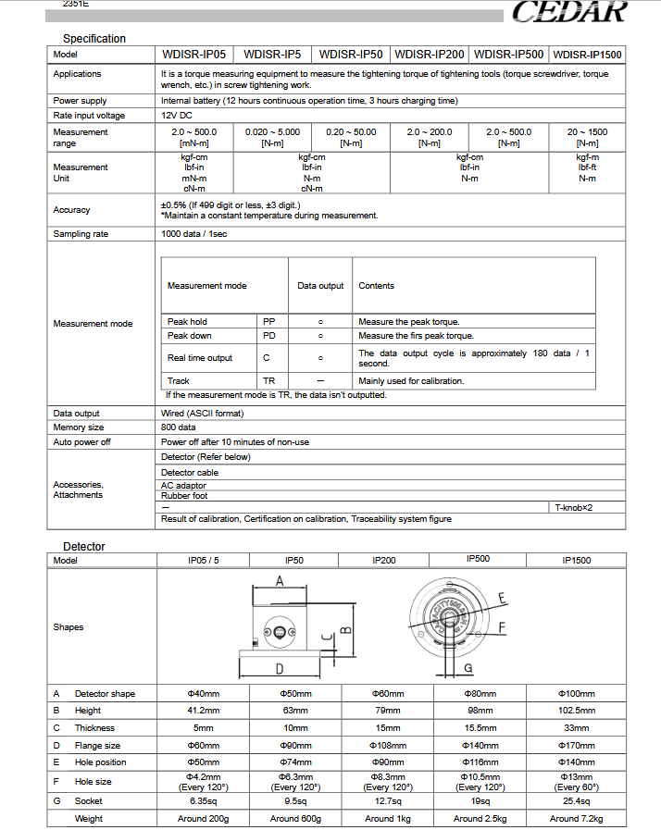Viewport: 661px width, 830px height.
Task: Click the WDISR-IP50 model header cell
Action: point(350,55)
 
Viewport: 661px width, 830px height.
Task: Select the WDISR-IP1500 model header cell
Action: point(587,55)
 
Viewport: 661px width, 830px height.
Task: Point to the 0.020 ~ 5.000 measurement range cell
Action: point(272,137)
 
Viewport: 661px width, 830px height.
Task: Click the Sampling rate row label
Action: point(81,234)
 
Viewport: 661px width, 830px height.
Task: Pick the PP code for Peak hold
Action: point(269,321)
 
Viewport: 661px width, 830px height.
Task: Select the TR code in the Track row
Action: point(268,380)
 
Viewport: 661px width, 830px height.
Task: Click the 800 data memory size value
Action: point(178,427)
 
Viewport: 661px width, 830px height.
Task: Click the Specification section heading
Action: point(94,39)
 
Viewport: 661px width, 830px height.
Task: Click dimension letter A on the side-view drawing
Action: point(280,580)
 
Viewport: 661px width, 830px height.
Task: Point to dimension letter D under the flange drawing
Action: point(281,668)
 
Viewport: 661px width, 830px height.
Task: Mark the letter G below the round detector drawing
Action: point(468,667)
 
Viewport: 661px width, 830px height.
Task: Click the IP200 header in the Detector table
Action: point(384,561)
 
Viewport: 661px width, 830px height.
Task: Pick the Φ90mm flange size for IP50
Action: point(294,745)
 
